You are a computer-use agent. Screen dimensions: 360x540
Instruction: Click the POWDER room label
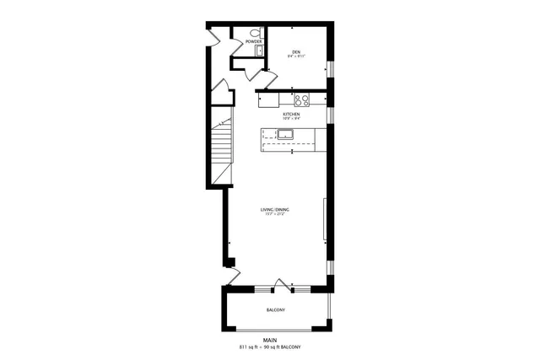click(x=253, y=41)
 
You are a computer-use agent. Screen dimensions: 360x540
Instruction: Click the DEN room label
click(x=296, y=52)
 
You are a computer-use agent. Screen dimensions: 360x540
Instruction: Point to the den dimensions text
click(x=296, y=57)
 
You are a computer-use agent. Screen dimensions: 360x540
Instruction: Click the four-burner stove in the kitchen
click(x=301, y=99)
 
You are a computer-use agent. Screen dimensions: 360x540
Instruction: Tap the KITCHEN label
click(x=291, y=114)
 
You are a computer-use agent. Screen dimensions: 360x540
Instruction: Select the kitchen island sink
click(x=274, y=133)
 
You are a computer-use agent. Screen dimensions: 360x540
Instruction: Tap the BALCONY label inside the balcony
click(x=275, y=310)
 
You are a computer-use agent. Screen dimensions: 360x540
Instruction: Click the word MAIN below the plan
click(x=270, y=341)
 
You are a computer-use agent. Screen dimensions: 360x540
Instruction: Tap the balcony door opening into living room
click(x=284, y=284)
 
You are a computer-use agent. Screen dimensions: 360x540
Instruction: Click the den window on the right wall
click(x=332, y=67)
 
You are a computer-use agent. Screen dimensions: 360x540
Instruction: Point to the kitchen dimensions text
click(x=291, y=119)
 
